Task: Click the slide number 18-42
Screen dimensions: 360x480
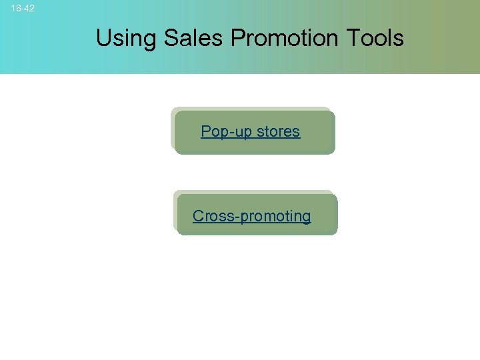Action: pyautogui.click(x=23, y=9)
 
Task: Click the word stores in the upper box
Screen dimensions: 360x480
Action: pyautogui.click(x=278, y=131)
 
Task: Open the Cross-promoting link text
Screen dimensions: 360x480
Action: pyautogui.click(x=251, y=216)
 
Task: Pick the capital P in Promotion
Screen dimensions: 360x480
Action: pyautogui.click(x=238, y=38)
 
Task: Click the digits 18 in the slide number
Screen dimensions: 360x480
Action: pyautogui.click(x=16, y=9)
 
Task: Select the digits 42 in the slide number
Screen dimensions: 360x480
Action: pyautogui.click(x=29, y=9)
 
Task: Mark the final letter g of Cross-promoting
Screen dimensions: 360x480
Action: pyautogui.click(x=306, y=217)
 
